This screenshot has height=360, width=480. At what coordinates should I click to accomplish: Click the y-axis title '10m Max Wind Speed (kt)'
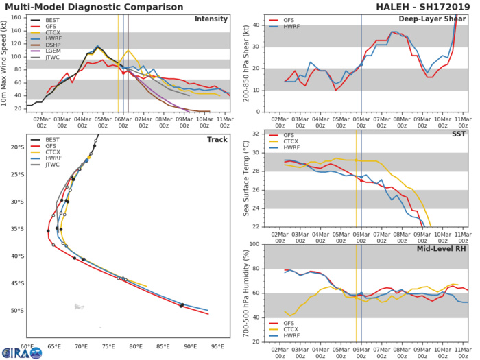point(5,62)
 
